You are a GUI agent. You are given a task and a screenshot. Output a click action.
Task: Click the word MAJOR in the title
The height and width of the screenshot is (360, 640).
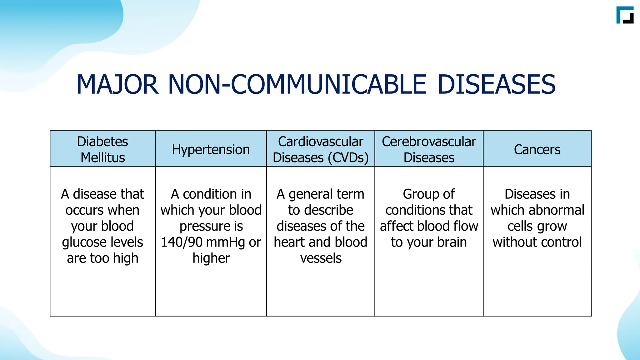(117, 85)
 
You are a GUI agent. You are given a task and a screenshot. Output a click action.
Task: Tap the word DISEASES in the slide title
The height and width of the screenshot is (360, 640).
(497, 85)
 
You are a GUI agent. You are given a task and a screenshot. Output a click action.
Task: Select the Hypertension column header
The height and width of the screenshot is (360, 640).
(211, 149)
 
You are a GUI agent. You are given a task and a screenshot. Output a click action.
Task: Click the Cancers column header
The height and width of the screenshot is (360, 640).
(537, 149)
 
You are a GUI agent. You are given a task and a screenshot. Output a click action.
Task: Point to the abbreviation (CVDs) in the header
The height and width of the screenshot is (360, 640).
(348, 157)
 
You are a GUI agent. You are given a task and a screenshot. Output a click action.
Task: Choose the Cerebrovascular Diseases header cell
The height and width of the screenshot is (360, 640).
(429, 149)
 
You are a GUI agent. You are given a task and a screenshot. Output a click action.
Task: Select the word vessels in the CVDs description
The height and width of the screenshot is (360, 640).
(321, 258)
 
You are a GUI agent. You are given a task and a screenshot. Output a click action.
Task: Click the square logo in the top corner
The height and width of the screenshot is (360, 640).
(625, 15)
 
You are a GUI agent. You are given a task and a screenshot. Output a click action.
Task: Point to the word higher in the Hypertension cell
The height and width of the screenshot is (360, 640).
(211, 258)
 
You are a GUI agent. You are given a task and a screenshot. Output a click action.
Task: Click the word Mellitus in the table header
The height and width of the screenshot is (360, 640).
(102, 157)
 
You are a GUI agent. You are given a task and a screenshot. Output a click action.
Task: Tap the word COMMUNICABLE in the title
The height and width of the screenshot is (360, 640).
(328, 85)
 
